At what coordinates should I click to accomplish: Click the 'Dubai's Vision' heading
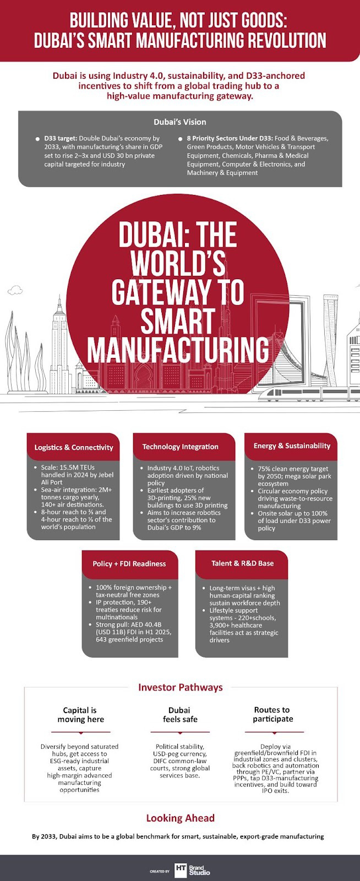point(180,122)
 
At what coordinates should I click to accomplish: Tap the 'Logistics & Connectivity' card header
point(73,447)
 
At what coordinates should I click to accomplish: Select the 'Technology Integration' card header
point(181,447)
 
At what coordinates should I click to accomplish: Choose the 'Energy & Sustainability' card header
point(292,445)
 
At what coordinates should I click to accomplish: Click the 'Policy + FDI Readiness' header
point(129,563)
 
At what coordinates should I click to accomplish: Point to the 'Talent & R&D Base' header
point(242,563)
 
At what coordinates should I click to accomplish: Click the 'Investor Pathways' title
point(180,687)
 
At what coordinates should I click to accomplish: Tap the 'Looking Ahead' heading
point(180,818)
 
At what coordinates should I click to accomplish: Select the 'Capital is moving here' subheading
point(80,715)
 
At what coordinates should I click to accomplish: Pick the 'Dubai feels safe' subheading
point(179,715)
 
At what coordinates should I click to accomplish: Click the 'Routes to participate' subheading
point(273,714)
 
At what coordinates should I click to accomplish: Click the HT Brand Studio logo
point(192,870)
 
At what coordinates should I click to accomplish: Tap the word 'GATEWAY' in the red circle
point(177,292)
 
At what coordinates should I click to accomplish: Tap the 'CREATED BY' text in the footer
point(160,872)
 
